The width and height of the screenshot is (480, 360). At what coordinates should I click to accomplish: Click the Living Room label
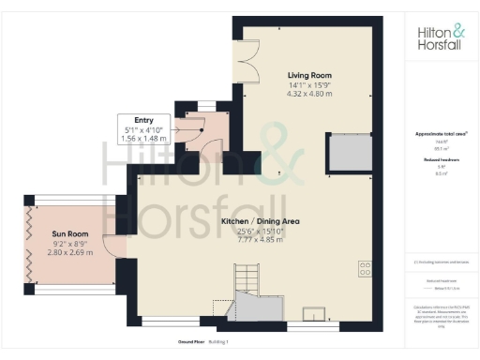tap(308, 76)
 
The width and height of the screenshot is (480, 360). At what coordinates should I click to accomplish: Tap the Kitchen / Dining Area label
tap(260, 221)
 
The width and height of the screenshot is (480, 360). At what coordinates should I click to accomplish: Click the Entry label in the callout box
tap(144, 120)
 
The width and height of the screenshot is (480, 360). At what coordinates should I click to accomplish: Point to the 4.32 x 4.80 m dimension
tap(308, 95)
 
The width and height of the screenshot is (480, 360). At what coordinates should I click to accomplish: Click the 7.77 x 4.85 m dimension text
tap(260, 239)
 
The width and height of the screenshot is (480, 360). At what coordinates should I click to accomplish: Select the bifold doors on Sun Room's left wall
tap(30, 249)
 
